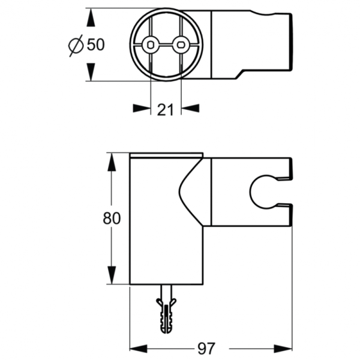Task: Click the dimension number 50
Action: [96, 44]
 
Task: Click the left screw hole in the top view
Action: [151, 44]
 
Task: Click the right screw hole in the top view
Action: [179, 44]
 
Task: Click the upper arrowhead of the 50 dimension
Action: [91, 17]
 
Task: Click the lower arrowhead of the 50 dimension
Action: [91, 73]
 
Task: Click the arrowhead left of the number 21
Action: [142, 108]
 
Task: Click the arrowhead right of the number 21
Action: [189, 108]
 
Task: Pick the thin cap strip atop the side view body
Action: [166, 157]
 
